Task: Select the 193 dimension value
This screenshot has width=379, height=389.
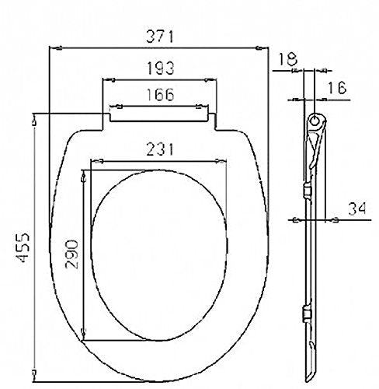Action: [159, 68]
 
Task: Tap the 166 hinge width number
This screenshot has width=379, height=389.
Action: [159, 95]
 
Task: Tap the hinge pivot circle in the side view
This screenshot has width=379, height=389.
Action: [314, 121]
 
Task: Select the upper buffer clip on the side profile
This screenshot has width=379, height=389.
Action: [309, 190]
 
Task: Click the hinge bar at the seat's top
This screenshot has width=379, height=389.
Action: [159, 116]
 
